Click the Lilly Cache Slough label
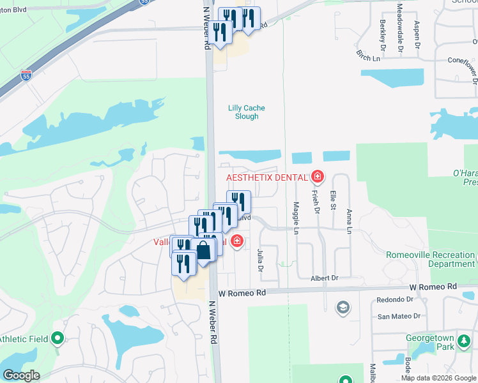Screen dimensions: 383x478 tap(247, 112)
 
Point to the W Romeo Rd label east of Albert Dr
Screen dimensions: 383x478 tap(435, 286)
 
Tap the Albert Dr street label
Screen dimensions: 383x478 tap(324, 278)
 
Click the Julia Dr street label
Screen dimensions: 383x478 tap(260, 260)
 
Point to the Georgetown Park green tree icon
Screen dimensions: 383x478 tap(464, 345)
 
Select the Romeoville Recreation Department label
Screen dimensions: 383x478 tap(430, 259)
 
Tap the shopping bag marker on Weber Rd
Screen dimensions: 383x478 tap(203, 250)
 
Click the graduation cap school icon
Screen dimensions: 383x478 tap(343, 308)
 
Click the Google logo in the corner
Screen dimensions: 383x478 tap(22, 375)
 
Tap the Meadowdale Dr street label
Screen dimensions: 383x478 tap(399, 27)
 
